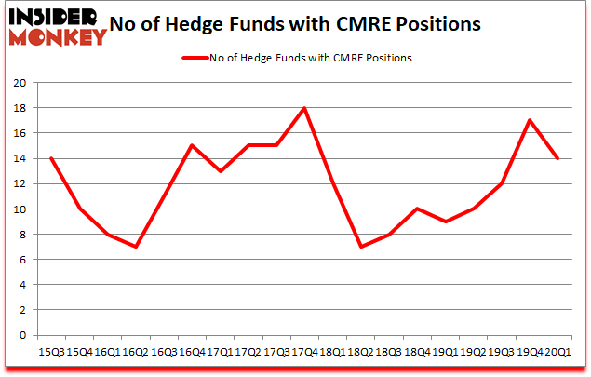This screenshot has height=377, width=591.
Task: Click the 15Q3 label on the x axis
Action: click(51, 353)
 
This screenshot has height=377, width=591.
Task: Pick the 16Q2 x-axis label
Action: click(136, 353)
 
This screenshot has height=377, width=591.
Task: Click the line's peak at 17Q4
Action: click(304, 108)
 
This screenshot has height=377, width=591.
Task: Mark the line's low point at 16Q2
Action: click(136, 247)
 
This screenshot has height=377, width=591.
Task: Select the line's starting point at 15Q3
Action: click(51, 158)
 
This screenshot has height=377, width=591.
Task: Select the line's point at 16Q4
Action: click(192, 145)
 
